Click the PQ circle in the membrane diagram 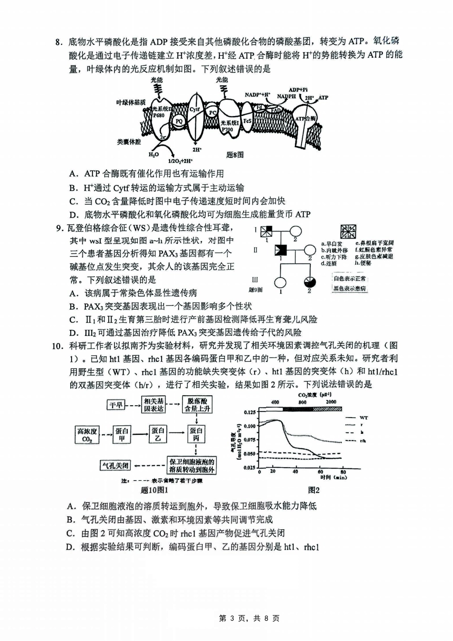(179, 121)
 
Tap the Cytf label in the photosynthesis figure (195, 109)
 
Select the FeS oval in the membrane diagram (247, 121)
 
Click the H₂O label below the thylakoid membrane (154, 155)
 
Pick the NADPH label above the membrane (287, 96)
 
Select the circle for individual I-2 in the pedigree (296, 231)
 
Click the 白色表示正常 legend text (350, 279)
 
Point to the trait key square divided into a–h (348, 231)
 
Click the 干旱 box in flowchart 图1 (116, 405)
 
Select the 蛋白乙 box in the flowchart (158, 434)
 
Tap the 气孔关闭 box (115, 465)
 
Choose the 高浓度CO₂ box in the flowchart (87, 435)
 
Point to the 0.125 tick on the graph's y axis (249, 412)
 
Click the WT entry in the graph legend (364, 418)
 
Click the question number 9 (60, 228)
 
